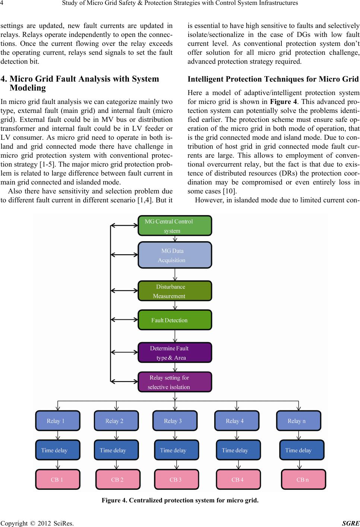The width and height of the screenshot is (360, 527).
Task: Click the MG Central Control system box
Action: (x=175, y=225)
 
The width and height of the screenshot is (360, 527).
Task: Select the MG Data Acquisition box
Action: (x=175, y=255)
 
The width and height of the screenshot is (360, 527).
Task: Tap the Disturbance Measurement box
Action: (x=175, y=291)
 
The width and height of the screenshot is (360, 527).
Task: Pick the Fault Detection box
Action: (x=175, y=320)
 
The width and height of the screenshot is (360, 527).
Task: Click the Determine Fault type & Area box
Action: (x=175, y=352)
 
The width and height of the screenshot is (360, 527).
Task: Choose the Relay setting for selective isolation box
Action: (x=175, y=382)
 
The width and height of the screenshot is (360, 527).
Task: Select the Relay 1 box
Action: (x=58, y=421)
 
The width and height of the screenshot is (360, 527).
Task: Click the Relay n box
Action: (x=299, y=421)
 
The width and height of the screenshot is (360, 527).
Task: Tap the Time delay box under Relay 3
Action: (x=177, y=450)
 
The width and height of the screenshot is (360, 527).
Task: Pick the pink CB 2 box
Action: (x=118, y=479)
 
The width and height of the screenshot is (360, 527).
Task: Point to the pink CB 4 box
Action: (x=239, y=479)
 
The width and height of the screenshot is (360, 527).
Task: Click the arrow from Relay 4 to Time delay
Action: (x=237, y=435)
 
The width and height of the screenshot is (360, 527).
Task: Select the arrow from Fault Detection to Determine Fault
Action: (x=175, y=336)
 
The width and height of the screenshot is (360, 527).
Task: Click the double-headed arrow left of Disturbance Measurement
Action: (x=124, y=291)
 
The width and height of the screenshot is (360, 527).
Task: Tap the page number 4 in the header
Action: (x=2, y=3)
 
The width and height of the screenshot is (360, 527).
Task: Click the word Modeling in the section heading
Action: (x=28, y=88)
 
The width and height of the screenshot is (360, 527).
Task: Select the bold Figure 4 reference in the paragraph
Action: (x=284, y=102)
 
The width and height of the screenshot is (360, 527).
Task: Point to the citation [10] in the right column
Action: (x=230, y=191)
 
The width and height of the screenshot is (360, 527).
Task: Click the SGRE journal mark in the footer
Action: (x=351, y=523)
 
